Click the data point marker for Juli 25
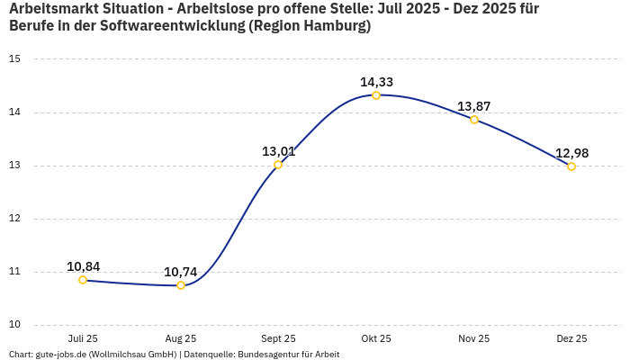(x=83, y=280)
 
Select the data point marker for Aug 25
(x=181, y=285)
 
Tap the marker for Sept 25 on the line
(x=278, y=165)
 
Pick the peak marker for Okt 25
(x=376, y=95)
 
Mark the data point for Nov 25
(x=474, y=120)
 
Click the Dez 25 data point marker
(x=571, y=166)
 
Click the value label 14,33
(x=376, y=82)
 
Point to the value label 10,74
(x=180, y=272)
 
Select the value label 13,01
(x=278, y=151)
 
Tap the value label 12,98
(x=571, y=153)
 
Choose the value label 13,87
(x=474, y=106)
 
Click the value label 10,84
(x=83, y=266)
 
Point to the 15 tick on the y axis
(x=14, y=59)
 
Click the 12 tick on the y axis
(x=14, y=219)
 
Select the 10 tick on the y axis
(x=14, y=325)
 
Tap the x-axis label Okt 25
(x=376, y=338)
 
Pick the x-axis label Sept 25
(x=278, y=338)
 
